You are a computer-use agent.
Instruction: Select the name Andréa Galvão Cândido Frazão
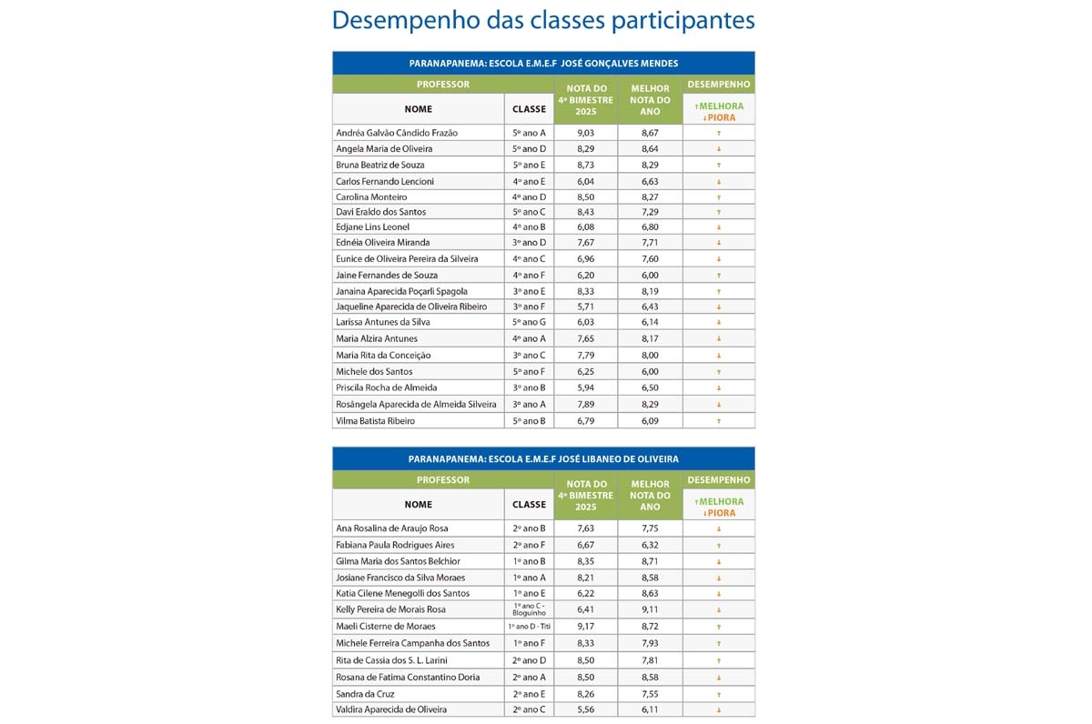click(x=396, y=133)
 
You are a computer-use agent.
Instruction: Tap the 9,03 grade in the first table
click(x=586, y=133)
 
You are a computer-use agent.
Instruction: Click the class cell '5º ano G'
click(x=529, y=322)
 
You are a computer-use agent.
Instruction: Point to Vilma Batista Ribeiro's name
click(x=375, y=421)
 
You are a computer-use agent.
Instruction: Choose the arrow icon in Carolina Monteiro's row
click(x=719, y=197)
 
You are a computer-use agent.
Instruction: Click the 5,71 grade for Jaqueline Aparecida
click(x=586, y=307)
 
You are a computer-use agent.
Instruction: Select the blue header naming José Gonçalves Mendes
click(x=543, y=63)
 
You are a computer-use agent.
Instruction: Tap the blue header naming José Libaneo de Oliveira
click(x=543, y=459)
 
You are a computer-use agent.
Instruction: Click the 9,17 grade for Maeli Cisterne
click(x=586, y=626)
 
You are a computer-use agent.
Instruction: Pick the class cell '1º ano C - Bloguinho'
click(x=529, y=609)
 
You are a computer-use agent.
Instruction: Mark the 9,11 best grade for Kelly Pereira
click(x=650, y=609)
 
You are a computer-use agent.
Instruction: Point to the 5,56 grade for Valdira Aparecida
click(x=586, y=709)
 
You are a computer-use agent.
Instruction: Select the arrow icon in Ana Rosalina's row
click(x=719, y=528)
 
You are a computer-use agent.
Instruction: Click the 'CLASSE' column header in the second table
click(x=529, y=505)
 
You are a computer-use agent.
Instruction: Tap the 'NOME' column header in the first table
click(x=418, y=109)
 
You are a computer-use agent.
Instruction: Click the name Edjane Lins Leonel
click(x=372, y=226)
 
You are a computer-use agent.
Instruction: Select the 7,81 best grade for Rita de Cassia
click(x=650, y=660)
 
